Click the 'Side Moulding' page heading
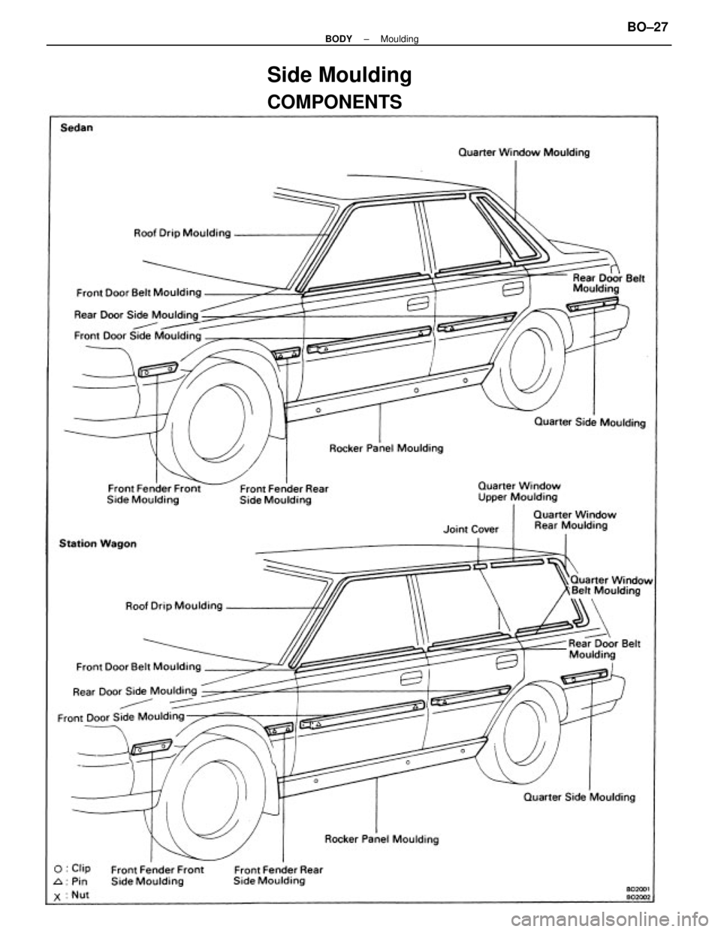point(339,75)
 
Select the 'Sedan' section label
point(77,128)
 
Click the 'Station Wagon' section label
point(98,543)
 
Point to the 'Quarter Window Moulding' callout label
point(524,152)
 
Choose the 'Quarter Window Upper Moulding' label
point(517,491)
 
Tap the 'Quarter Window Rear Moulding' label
point(575,520)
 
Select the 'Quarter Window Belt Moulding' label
point(612,585)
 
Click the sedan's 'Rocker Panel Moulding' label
point(387,448)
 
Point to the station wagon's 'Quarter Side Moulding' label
point(579,796)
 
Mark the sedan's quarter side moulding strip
point(592,303)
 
